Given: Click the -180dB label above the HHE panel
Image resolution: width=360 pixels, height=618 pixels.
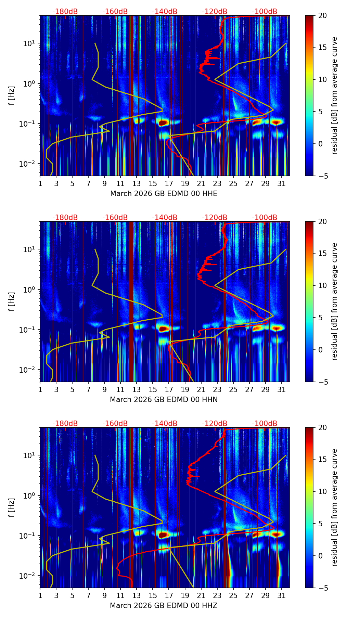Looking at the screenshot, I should pyautogui.click(x=65, y=12).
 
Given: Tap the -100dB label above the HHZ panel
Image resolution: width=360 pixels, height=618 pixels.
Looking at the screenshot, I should pyautogui.click(x=265, y=424).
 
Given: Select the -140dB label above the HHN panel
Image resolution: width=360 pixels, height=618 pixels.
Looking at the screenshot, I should pyautogui.click(x=165, y=218).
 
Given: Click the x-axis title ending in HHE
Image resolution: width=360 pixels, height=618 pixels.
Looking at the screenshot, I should pyautogui.click(x=164, y=194).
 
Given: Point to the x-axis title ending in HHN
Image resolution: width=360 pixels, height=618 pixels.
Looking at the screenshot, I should pyautogui.click(x=164, y=400).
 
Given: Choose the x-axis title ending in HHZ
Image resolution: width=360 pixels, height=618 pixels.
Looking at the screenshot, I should pyautogui.click(x=164, y=606).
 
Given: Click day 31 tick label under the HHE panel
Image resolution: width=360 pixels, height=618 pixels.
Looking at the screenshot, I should pyautogui.click(x=282, y=183).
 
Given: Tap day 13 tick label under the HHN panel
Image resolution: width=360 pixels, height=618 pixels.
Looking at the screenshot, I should pyautogui.click(x=137, y=389).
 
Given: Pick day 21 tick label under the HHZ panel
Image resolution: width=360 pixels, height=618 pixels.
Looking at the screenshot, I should pyautogui.click(x=201, y=595).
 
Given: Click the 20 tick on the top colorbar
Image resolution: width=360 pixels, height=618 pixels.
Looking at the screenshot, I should pyautogui.click(x=322, y=16).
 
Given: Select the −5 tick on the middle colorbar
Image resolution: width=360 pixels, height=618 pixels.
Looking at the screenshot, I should pyautogui.click(x=322, y=382).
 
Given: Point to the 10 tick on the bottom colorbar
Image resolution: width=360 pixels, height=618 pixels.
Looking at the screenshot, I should pyautogui.click(x=322, y=491).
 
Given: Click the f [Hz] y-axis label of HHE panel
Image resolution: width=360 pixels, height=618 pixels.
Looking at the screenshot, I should pyautogui.click(x=12, y=95).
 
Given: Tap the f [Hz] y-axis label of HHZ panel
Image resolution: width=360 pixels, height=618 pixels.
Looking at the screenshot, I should pyautogui.click(x=12, y=507).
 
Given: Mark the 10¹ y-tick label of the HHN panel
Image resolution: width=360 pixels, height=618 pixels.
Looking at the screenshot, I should pyautogui.click(x=28, y=249).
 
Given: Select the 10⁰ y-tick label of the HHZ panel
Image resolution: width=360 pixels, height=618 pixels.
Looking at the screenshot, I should pyautogui.click(x=28, y=495).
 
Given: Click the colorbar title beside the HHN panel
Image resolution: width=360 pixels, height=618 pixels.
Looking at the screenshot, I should pyautogui.click(x=335, y=301).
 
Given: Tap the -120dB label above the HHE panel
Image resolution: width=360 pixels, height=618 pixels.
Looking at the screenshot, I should pyautogui.click(x=215, y=12).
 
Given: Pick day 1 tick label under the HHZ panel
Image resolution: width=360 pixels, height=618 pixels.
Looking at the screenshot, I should pyautogui.click(x=40, y=595).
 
